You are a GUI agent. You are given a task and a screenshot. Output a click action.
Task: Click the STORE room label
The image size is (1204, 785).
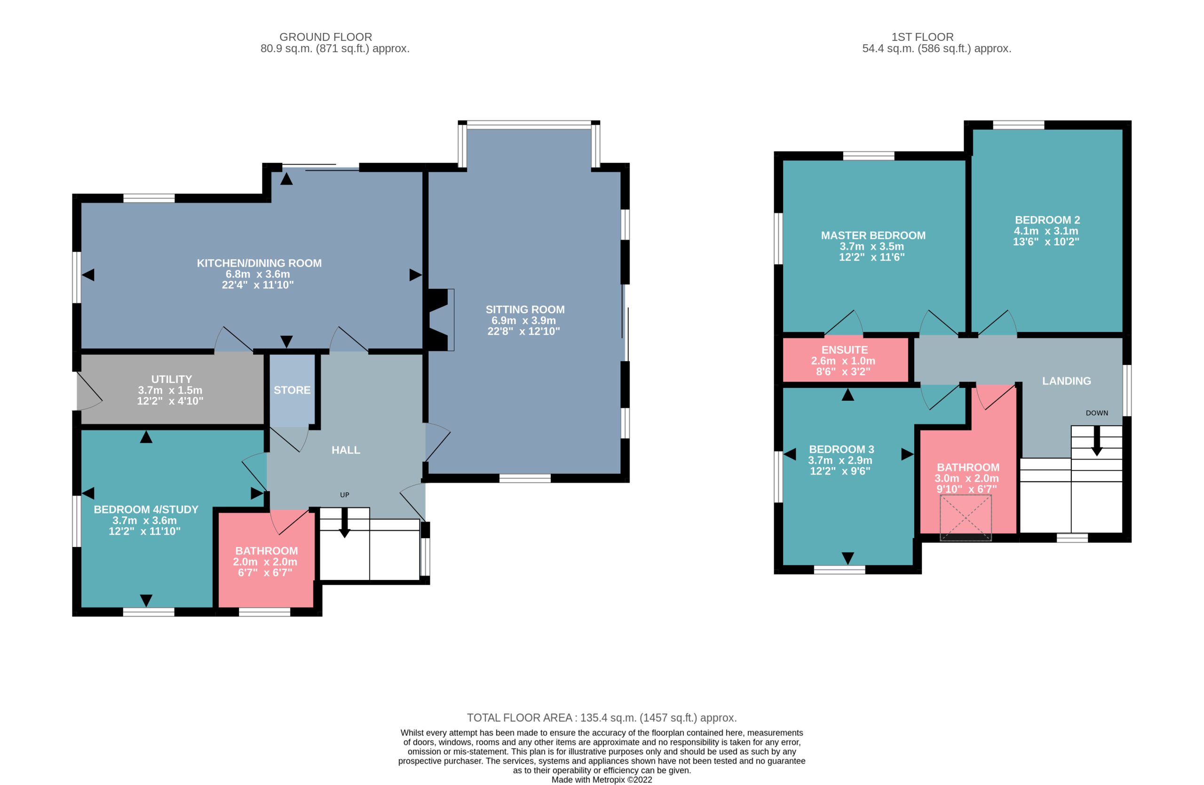pos(292,390)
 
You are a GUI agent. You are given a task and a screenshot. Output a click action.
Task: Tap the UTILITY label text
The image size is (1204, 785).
pos(172,379)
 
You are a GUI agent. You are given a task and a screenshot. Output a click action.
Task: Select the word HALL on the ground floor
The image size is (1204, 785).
pos(346,450)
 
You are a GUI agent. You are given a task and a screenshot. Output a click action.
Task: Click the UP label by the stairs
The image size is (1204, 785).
pos(345,495)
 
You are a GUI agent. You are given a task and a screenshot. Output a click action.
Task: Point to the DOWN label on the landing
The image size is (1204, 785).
pos(1097,413)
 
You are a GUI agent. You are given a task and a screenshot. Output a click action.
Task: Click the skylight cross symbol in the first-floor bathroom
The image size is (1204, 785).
pos(965,518)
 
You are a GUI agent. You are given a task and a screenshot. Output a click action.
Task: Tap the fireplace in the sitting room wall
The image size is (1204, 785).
pos(439,320)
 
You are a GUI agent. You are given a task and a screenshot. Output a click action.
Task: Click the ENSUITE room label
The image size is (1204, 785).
pos(844,349)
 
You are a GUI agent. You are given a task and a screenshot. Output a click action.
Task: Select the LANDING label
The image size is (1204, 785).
pos(1066,381)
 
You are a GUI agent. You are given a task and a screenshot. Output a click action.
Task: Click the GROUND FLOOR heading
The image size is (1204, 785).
pos(326,37)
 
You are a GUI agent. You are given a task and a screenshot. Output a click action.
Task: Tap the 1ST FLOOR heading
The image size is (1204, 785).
pos(922,37)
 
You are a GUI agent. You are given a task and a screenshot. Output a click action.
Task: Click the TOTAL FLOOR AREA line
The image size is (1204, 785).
pos(602,717)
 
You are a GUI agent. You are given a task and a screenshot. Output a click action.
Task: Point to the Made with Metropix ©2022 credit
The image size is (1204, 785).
pos(602,779)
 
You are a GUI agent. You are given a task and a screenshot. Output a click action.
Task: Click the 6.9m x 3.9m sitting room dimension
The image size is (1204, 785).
pos(523,320)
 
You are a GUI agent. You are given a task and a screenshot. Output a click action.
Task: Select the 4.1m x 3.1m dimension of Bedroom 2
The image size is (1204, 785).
pos(1046,230)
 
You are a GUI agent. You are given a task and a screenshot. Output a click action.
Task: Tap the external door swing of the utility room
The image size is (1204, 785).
pos(89,391)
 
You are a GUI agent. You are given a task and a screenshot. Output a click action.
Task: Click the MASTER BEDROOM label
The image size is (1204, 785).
pos(873,235)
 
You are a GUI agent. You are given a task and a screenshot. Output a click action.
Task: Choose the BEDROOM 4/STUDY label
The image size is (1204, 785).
pos(146,509)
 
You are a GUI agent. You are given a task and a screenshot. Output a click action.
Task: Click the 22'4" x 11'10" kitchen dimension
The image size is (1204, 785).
pos(257,285)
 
